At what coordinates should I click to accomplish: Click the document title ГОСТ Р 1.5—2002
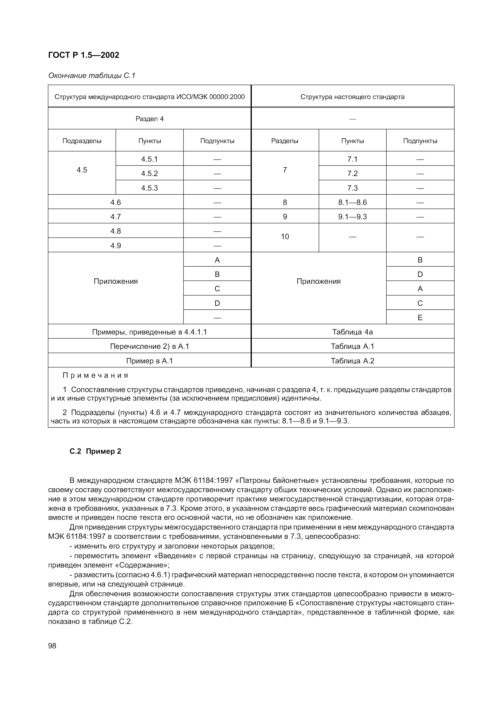(84, 55)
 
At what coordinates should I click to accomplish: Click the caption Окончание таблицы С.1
(92, 76)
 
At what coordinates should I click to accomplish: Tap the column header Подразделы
(82, 141)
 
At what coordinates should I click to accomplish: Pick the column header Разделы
(285, 141)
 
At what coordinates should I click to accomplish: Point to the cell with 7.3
(352, 188)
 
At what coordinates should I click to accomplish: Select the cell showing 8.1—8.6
(352, 202)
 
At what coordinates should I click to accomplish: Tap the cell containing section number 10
(285, 236)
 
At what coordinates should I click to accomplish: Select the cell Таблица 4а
(352, 332)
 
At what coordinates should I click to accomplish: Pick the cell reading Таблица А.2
(352, 361)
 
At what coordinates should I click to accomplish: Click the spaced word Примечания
(95, 376)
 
